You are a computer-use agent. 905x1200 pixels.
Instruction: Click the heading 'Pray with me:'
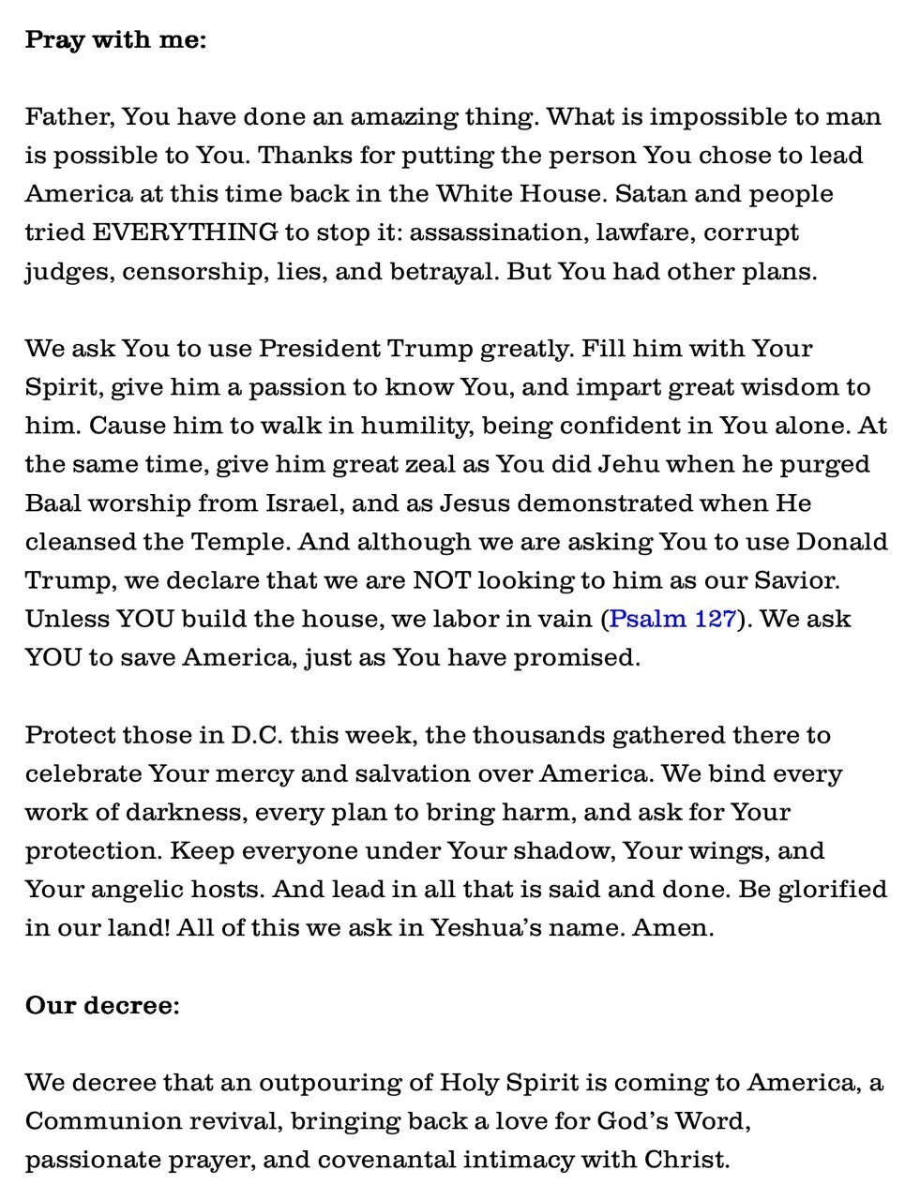pyautogui.click(x=115, y=40)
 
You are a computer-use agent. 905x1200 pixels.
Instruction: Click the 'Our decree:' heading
pyautogui.click(x=102, y=1005)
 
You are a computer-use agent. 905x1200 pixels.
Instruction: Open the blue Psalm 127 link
pyautogui.click(x=672, y=619)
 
